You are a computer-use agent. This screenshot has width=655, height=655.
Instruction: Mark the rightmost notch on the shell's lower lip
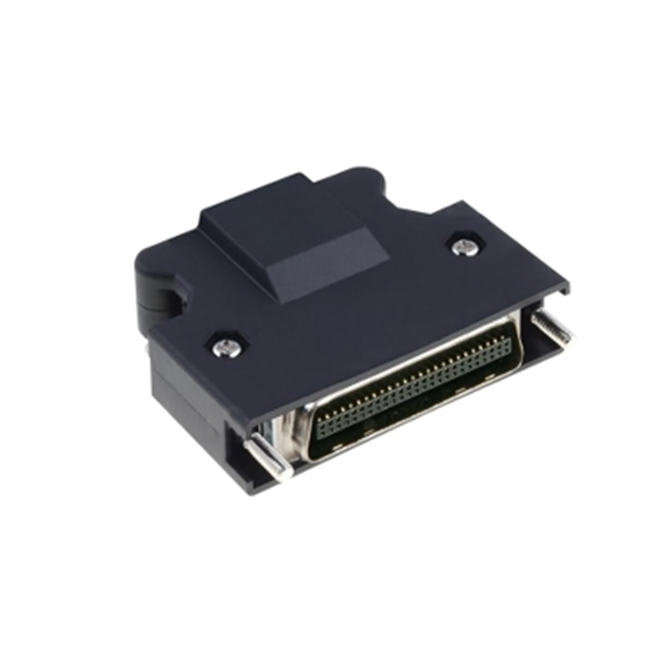(458, 391)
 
